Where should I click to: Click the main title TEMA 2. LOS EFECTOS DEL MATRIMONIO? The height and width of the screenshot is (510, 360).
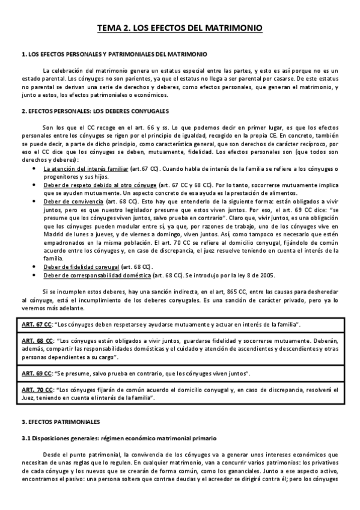pos(180,28)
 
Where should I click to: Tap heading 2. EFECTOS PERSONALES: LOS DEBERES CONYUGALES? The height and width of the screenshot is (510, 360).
pos(95,111)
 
